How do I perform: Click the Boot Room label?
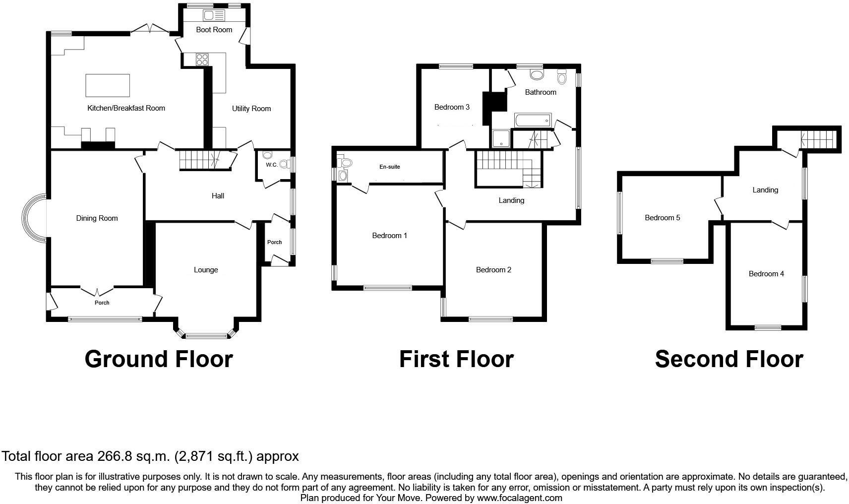tap(214, 30)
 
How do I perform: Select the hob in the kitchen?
tap(202, 60)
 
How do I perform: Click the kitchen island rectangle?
tap(108, 85)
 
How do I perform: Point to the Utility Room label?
tap(251, 109)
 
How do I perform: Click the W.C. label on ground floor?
tap(271, 165)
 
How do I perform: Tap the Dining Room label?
tap(97, 218)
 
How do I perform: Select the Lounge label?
tap(206, 270)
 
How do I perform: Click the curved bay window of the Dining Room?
tap(32, 218)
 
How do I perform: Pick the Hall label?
tap(218, 196)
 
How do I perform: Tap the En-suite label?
tap(389, 167)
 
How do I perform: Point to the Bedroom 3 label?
tap(452, 107)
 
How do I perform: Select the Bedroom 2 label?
tap(493, 270)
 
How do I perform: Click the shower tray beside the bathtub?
tap(501, 139)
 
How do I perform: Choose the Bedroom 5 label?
tap(662, 218)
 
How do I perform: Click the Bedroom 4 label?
tap(766, 274)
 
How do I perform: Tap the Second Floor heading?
tap(728, 359)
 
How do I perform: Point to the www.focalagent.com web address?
tap(519, 498)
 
